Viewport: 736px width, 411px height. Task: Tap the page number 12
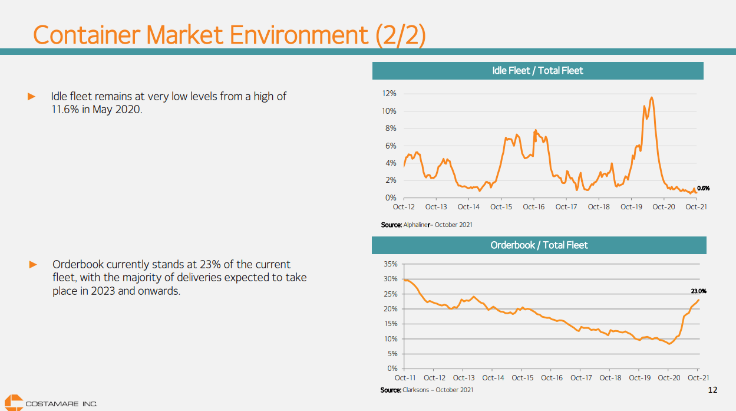tap(712, 390)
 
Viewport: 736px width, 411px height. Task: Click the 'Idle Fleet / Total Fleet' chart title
tap(537, 71)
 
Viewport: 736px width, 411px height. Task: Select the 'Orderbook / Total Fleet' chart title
tap(539, 245)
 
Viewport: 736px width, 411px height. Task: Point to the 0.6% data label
tap(703, 189)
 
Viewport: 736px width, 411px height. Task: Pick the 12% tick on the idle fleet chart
tap(389, 94)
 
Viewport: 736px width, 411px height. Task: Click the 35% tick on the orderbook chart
tap(390, 264)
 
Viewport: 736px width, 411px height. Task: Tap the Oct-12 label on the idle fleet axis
tap(404, 207)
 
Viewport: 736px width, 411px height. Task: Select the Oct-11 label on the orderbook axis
tap(405, 378)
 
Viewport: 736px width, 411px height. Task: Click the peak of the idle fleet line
tap(651, 97)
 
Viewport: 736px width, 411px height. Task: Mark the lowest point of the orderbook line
tap(669, 344)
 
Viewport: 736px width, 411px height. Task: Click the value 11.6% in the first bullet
tap(64, 110)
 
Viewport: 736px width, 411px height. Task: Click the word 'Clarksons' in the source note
tap(417, 390)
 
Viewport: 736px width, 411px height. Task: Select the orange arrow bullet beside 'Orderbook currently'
tap(34, 264)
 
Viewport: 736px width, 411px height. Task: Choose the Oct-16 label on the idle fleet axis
tap(534, 207)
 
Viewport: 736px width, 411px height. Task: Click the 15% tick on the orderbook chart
tap(390, 324)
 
